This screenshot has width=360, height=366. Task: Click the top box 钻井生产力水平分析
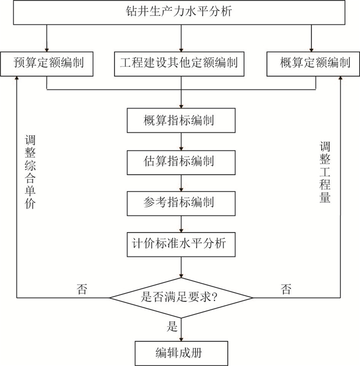[179, 12]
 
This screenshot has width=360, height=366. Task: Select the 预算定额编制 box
[47, 64]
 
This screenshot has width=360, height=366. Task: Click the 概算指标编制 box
[181, 121]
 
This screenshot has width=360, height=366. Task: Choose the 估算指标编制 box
[181, 162]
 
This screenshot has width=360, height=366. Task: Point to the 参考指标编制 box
[181, 202]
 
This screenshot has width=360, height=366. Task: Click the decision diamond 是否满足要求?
[181, 298]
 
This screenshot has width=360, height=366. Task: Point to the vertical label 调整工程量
[325, 172]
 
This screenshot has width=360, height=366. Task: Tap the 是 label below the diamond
[172, 326]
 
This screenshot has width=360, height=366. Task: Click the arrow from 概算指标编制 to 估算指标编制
[181, 142]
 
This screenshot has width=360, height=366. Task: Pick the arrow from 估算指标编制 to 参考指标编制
[181, 182]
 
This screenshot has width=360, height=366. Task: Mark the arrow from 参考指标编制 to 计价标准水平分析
[181, 223]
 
